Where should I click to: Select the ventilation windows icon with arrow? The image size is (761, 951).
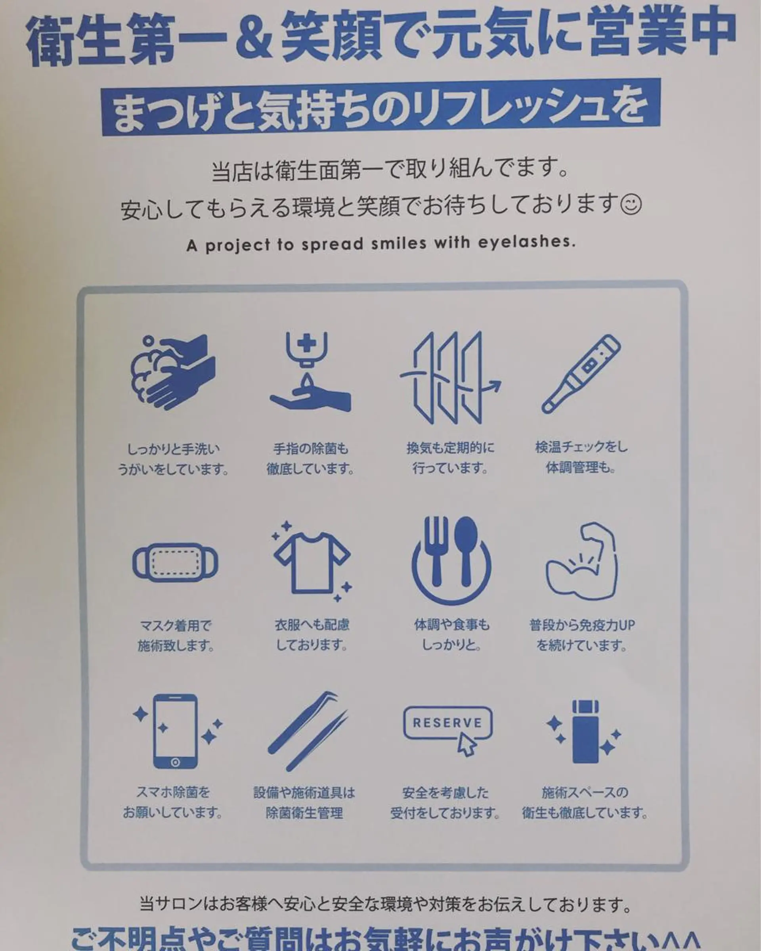(450, 377)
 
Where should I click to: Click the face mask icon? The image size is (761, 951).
(175, 561)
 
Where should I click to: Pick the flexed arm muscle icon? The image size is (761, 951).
(582, 560)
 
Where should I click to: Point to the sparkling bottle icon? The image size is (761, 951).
(585, 731)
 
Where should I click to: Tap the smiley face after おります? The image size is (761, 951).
(631, 205)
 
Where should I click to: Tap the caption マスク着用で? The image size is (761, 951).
(176, 625)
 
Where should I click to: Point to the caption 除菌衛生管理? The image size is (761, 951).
(304, 813)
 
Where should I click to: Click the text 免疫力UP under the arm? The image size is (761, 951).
(601, 625)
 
